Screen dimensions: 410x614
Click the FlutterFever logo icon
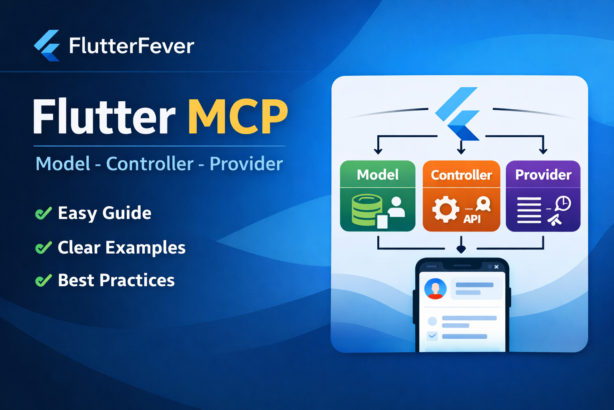[x=47, y=45]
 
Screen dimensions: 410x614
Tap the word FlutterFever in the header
[x=132, y=46]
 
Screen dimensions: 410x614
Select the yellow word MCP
[x=238, y=117]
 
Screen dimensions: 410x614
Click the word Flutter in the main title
[x=104, y=117]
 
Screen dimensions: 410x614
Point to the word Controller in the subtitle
[x=150, y=164]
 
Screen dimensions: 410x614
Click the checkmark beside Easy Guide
[x=44, y=213]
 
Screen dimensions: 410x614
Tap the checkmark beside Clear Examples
[x=44, y=247]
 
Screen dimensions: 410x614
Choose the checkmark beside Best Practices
[x=44, y=280]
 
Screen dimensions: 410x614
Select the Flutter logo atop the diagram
[x=458, y=114]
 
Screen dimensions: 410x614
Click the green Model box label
[x=377, y=175]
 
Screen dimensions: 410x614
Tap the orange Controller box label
[x=461, y=175]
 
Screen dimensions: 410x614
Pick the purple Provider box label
[x=543, y=175]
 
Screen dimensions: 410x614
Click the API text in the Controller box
[x=472, y=219]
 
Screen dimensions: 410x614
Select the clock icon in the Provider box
[x=563, y=203]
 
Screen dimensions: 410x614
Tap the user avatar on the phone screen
[x=435, y=289]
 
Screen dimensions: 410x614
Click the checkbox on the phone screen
[x=432, y=336]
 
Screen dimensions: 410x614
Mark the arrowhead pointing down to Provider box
[x=543, y=151]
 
